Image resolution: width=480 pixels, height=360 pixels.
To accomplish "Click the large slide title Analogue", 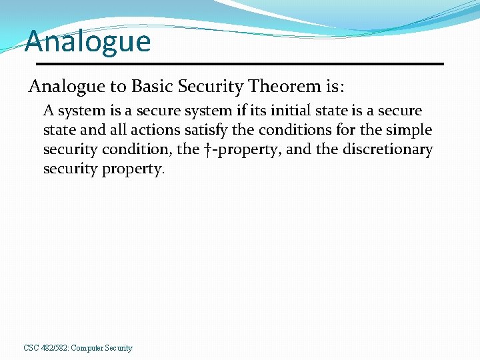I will pos(88,41).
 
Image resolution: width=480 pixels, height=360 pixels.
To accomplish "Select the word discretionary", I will pos(387,149).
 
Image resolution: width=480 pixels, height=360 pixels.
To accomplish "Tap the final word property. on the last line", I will pos(133,169).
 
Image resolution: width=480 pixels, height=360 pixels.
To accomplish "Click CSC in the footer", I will pos(31,348).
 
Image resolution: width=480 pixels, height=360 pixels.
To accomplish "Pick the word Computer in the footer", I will pos(86,348).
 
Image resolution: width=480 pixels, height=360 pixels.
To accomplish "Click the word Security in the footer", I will pos(118,348).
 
